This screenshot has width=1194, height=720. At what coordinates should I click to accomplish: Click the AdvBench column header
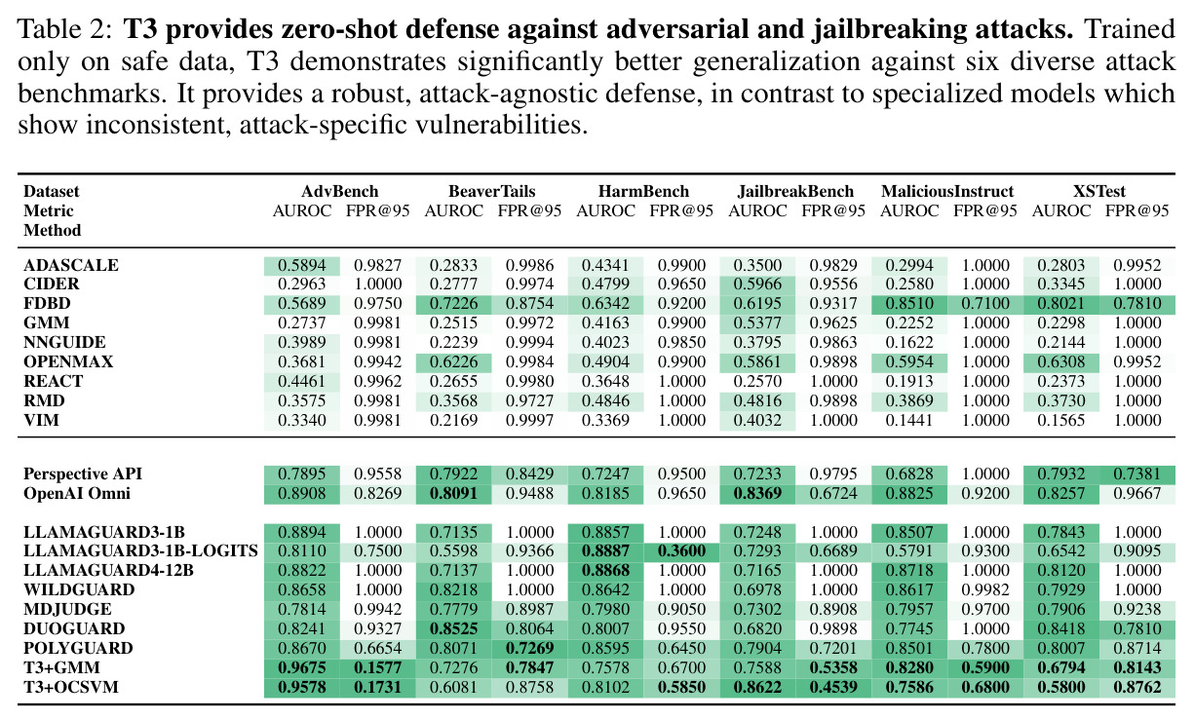pyautogui.click(x=339, y=191)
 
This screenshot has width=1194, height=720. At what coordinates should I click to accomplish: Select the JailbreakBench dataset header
pyautogui.click(x=795, y=191)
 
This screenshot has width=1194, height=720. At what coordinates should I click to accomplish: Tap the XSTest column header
pyautogui.click(x=1099, y=191)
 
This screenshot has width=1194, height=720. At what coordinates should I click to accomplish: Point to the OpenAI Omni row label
pyautogui.click(x=77, y=494)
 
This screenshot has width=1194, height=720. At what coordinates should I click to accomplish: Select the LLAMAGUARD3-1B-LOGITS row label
pyautogui.click(x=140, y=550)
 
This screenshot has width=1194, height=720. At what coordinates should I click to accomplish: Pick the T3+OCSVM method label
pyautogui.click(x=71, y=687)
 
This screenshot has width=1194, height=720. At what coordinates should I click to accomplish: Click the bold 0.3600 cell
pyautogui.click(x=681, y=550)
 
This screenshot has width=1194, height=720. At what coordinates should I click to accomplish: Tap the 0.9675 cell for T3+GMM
pyautogui.click(x=302, y=667)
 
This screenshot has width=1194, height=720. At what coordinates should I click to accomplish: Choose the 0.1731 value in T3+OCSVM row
pyautogui.click(x=377, y=687)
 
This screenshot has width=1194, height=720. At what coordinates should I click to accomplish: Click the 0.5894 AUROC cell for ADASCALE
pyautogui.click(x=302, y=265)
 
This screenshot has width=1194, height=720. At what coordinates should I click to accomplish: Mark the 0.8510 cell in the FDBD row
pyautogui.click(x=909, y=303)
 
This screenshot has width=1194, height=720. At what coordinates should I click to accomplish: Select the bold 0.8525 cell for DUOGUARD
pyautogui.click(x=453, y=628)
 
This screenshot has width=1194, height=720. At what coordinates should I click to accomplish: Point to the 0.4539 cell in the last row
pyautogui.click(x=833, y=687)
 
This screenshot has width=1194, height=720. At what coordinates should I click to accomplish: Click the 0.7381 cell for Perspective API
pyautogui.click(x=1136, y=474)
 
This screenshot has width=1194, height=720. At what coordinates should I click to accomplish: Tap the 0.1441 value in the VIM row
pyautogui.click(x=909, y=421)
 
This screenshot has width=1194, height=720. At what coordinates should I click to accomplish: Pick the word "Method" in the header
pyautogui.click(x=53, y=231)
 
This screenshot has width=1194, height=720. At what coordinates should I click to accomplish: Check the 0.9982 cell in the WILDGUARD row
pyautogui.click(x=985, y=590)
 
